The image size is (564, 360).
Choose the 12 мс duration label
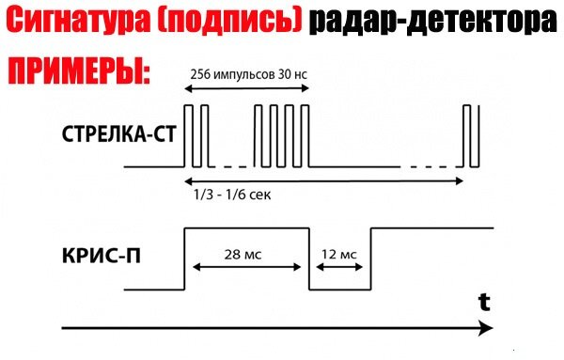click(x=339, y=255)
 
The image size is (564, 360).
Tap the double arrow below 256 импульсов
click(x=245, y=89)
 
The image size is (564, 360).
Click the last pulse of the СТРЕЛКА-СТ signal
click(x=473, y=136)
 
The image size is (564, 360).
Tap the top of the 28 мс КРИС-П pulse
click(x=246, y=228)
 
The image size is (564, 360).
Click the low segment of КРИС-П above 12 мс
click(x=339, y=289)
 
